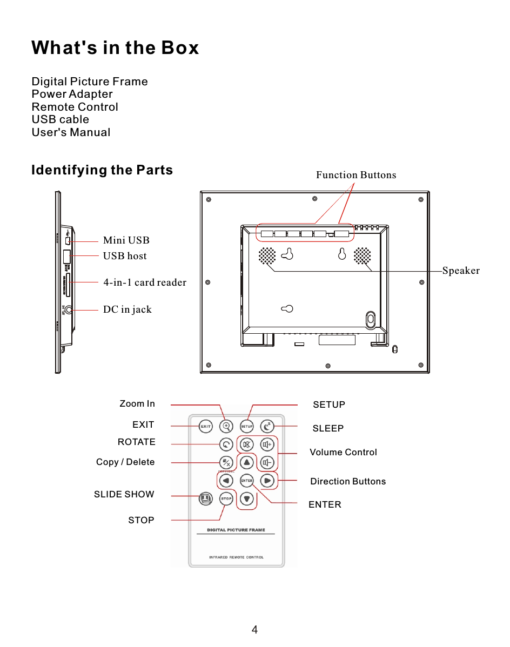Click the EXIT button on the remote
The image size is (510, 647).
tap(205, 426)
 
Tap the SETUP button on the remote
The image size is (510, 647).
tap(246, 426)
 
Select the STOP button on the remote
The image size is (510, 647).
tap(226, 498)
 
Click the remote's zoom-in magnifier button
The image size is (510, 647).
tap(227, 426)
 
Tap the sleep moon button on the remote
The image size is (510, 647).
tap(267, 426)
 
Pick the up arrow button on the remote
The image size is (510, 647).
tap(247, 462)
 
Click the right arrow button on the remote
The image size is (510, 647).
tap(267, 480)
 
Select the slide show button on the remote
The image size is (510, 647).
tap(205, 498)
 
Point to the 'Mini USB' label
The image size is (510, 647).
tap(126, 240)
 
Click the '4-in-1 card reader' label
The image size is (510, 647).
tap(145, 282)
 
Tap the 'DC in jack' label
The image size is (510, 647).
tap(127, 309)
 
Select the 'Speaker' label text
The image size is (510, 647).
tap(461, 271)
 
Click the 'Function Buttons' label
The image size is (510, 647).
tap(356, 175)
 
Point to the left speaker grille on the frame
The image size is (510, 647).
tap(267, 256)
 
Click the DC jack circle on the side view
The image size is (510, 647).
tap(68, 311)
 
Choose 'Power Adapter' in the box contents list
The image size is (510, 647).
tap(72, 94)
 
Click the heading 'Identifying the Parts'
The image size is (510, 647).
tap(102, 170)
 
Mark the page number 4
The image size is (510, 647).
tap(254, 630)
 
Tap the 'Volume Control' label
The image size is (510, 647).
tap(343, 452)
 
